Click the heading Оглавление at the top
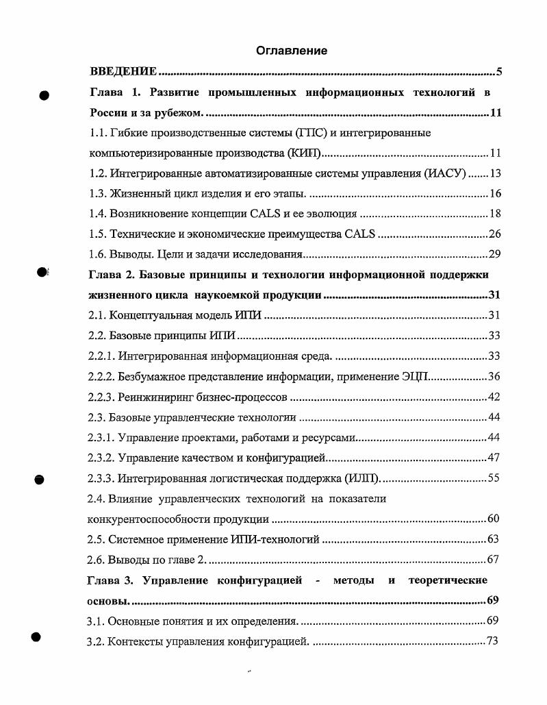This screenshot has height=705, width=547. (x=292, y=51)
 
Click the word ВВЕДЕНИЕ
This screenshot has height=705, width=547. (x=124, y=72)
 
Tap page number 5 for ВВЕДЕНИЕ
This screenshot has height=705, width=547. (x=500, y=72)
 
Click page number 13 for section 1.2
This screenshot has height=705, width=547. (x=496, y=173)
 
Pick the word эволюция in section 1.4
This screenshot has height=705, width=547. (x=331, y=214)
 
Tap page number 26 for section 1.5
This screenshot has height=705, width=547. (x=496, y=234)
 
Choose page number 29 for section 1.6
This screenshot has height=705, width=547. (x=496, y=255)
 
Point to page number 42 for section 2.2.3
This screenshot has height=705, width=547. (x=496, y=397)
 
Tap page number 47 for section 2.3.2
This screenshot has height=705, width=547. (x=496, y=458)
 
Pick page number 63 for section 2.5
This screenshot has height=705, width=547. (x=496, y=540)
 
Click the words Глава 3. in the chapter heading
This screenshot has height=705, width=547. (x=109, y=581)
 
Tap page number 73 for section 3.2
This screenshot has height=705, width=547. (x=496, y=641)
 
